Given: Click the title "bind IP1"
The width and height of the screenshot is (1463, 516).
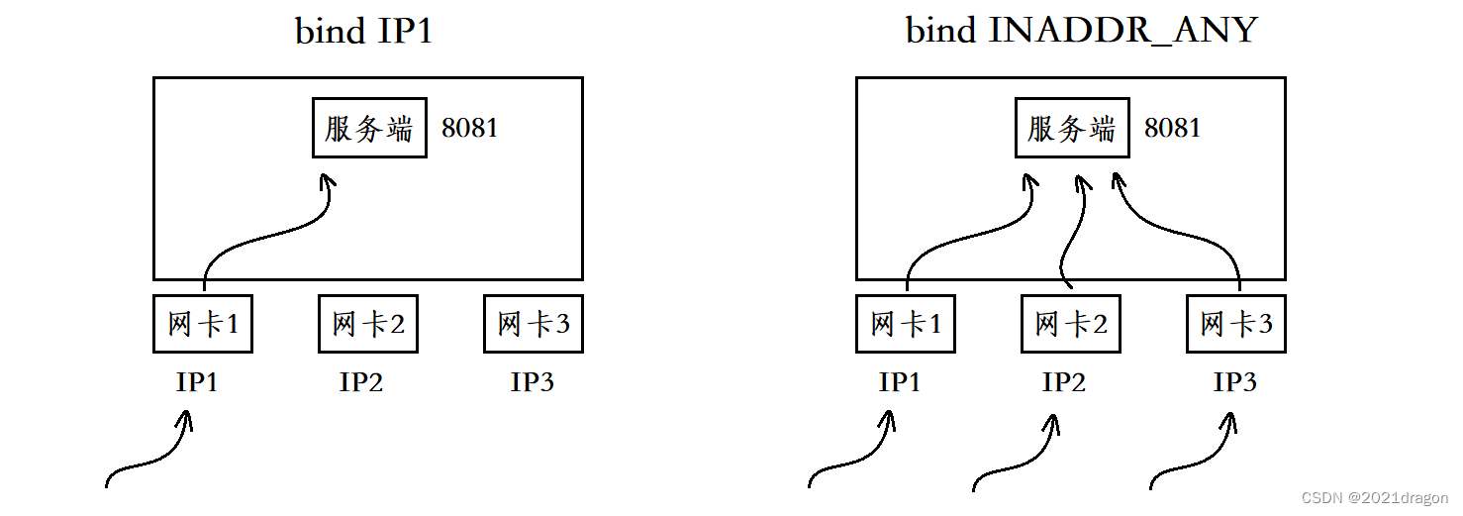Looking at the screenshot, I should point(363,32).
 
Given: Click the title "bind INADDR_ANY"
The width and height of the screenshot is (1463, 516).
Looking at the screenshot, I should point(1082,31).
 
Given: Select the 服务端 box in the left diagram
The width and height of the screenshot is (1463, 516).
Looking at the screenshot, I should point(369,128).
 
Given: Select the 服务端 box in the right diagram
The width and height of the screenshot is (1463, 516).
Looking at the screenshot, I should point(1072,128).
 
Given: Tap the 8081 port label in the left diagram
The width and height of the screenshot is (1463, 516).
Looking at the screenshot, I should point(470,129).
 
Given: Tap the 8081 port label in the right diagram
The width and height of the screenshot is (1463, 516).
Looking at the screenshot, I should point(1173,129).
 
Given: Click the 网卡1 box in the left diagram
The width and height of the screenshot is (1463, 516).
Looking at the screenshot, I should point(203,324).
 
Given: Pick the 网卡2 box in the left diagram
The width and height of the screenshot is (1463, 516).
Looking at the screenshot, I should point(368,324).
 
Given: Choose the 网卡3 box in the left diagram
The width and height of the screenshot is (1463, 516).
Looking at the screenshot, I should point(534,324).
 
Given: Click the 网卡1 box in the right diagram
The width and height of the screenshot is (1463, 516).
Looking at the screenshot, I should point(906,324).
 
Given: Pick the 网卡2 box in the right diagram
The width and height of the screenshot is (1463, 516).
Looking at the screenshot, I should point(1071,324).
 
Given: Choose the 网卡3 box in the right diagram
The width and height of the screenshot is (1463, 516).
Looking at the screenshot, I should point(1236,324).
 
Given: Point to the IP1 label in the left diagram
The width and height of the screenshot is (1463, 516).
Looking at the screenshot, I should point(197,382).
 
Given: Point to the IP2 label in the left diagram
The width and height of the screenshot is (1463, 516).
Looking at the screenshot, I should point(361,382).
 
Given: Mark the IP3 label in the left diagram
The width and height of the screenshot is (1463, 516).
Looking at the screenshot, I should point(533,382).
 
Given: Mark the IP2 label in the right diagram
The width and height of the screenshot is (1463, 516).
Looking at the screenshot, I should point(1064,382).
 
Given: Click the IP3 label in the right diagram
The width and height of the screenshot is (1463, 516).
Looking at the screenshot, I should point(1235,382).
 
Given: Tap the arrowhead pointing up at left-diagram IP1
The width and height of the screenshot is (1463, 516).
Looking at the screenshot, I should point(185,420).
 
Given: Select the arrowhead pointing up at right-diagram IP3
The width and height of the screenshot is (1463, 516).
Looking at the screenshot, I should point(1228,420).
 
